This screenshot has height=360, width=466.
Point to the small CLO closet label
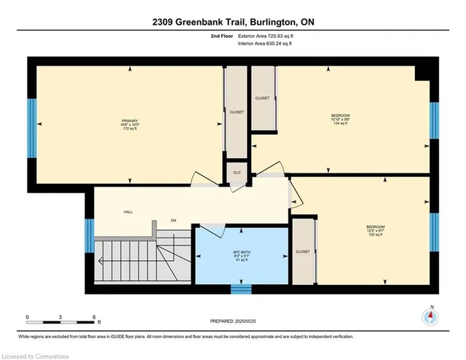point(237,172)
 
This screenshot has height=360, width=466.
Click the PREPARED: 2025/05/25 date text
point(233,321)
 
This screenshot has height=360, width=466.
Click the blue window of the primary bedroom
point(31,124)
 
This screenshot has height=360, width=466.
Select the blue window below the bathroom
point(240,289)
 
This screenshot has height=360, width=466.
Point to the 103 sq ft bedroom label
point(375,231)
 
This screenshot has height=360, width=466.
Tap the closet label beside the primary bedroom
point(237,112)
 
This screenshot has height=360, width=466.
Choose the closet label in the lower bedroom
point(303,251)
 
